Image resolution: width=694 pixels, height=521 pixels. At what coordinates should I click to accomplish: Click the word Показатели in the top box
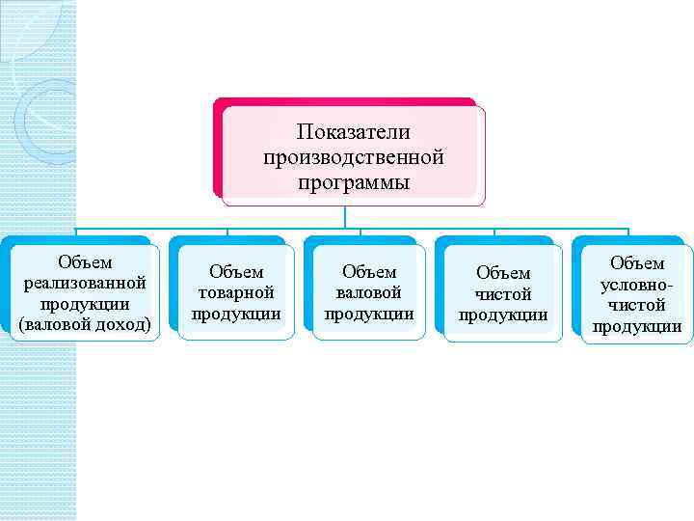[354, 131]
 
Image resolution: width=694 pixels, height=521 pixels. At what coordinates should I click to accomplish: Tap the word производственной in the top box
[354, 156]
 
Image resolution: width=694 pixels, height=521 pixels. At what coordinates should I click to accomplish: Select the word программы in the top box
[354, 181]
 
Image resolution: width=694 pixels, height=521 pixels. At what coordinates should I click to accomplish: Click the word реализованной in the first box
[85, 283]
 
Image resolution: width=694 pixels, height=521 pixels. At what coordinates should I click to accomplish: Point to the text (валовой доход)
[85, 325]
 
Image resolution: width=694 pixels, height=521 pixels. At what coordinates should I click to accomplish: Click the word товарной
[236, 293]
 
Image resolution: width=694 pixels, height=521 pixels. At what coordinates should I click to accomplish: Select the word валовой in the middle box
[369, 293]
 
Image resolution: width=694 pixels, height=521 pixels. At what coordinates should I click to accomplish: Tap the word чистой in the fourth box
[503, 294]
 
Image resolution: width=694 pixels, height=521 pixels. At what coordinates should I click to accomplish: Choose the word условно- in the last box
[637, 285]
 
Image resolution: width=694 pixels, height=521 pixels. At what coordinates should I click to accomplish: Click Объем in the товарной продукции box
[236, 273]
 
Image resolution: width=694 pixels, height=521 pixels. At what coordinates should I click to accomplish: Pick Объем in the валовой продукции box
[369, 273]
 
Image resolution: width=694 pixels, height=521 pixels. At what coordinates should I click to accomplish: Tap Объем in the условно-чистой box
[637, 263]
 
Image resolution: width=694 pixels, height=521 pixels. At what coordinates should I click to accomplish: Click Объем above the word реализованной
[85, 262]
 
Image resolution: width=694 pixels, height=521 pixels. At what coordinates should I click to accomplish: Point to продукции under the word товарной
[236, 315]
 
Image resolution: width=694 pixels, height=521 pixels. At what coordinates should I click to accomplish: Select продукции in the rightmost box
[637, 326]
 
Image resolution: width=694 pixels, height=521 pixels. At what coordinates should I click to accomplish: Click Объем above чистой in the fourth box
[503, 274]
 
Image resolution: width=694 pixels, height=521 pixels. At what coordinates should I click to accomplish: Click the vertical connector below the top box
[354, 217]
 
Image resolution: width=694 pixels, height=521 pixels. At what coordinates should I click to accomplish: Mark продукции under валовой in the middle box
[369, 315]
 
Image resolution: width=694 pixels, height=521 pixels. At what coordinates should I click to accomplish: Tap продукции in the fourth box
[503, 315]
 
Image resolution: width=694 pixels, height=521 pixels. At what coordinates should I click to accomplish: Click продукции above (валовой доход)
[85, 304]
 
